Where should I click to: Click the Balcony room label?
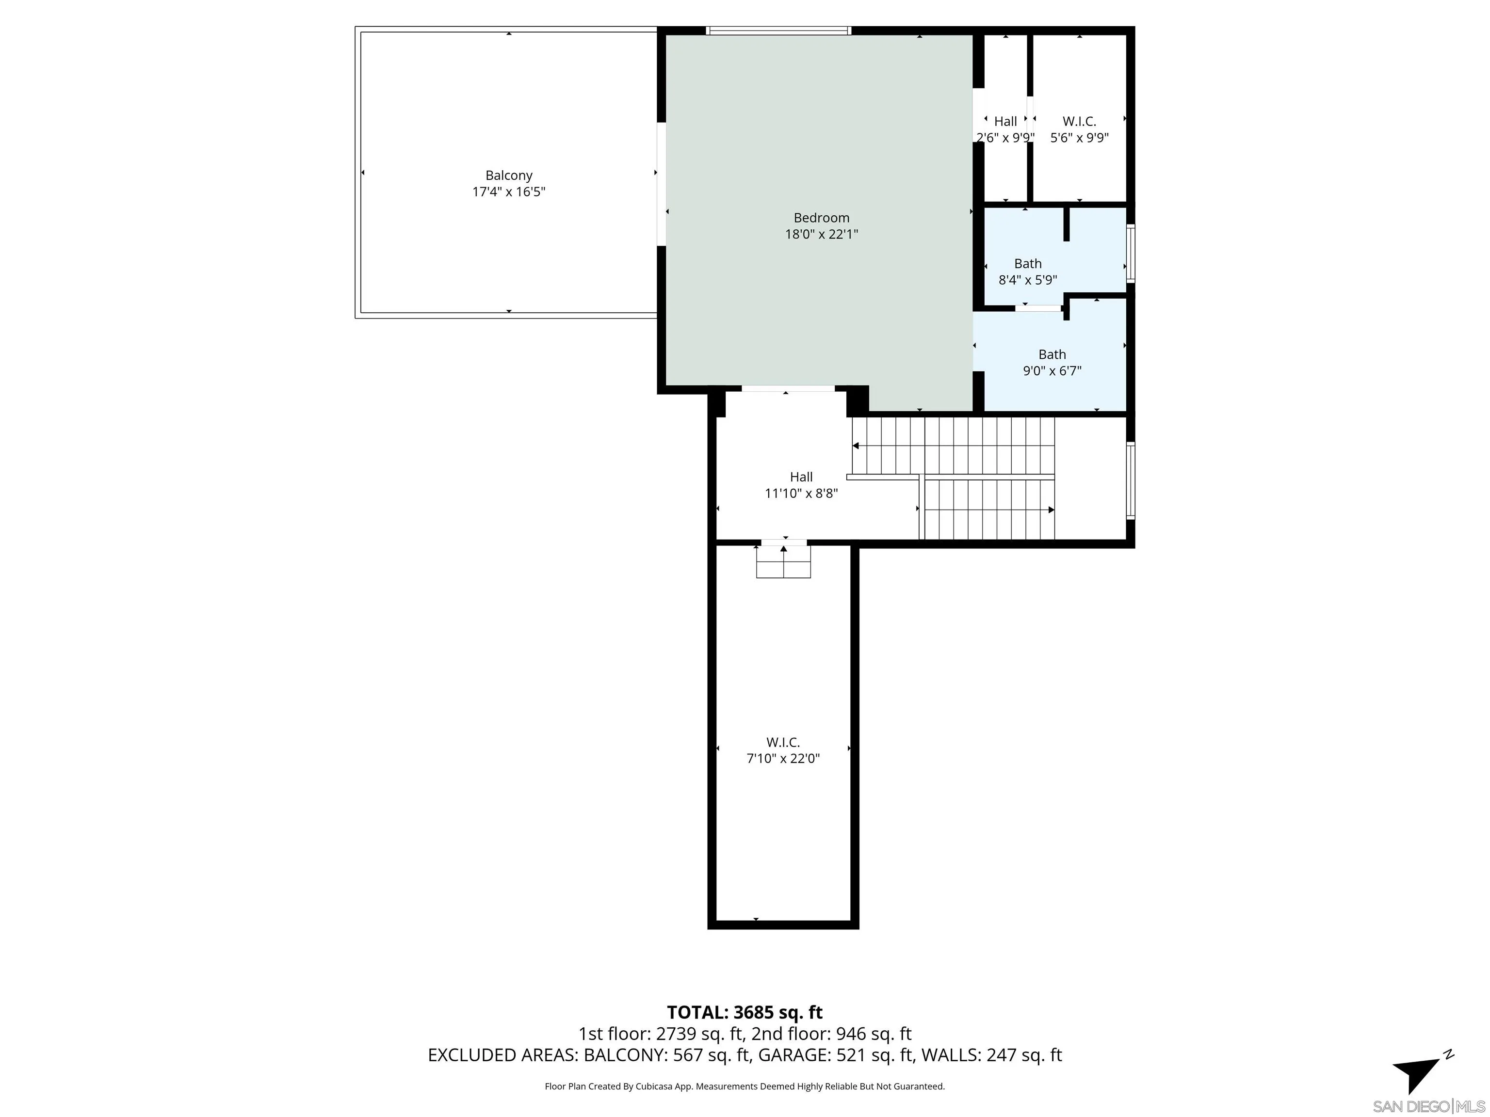point(509,175)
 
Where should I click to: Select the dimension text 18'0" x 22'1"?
point(821,234)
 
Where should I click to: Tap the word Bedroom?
point(821,218)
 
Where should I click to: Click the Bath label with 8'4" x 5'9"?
point(1027,263)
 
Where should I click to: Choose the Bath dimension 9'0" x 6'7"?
point(1052,370)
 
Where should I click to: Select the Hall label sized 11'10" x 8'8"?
point(801,477)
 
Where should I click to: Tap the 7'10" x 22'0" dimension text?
point(783,759)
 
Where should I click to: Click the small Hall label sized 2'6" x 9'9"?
point(1005,121)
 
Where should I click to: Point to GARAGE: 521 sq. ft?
point(836,1055)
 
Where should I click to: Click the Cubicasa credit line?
point(745,1086)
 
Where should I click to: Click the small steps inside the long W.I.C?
point(783,562)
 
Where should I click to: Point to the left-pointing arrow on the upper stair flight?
point(856,446)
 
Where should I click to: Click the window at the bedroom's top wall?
point(778,30)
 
